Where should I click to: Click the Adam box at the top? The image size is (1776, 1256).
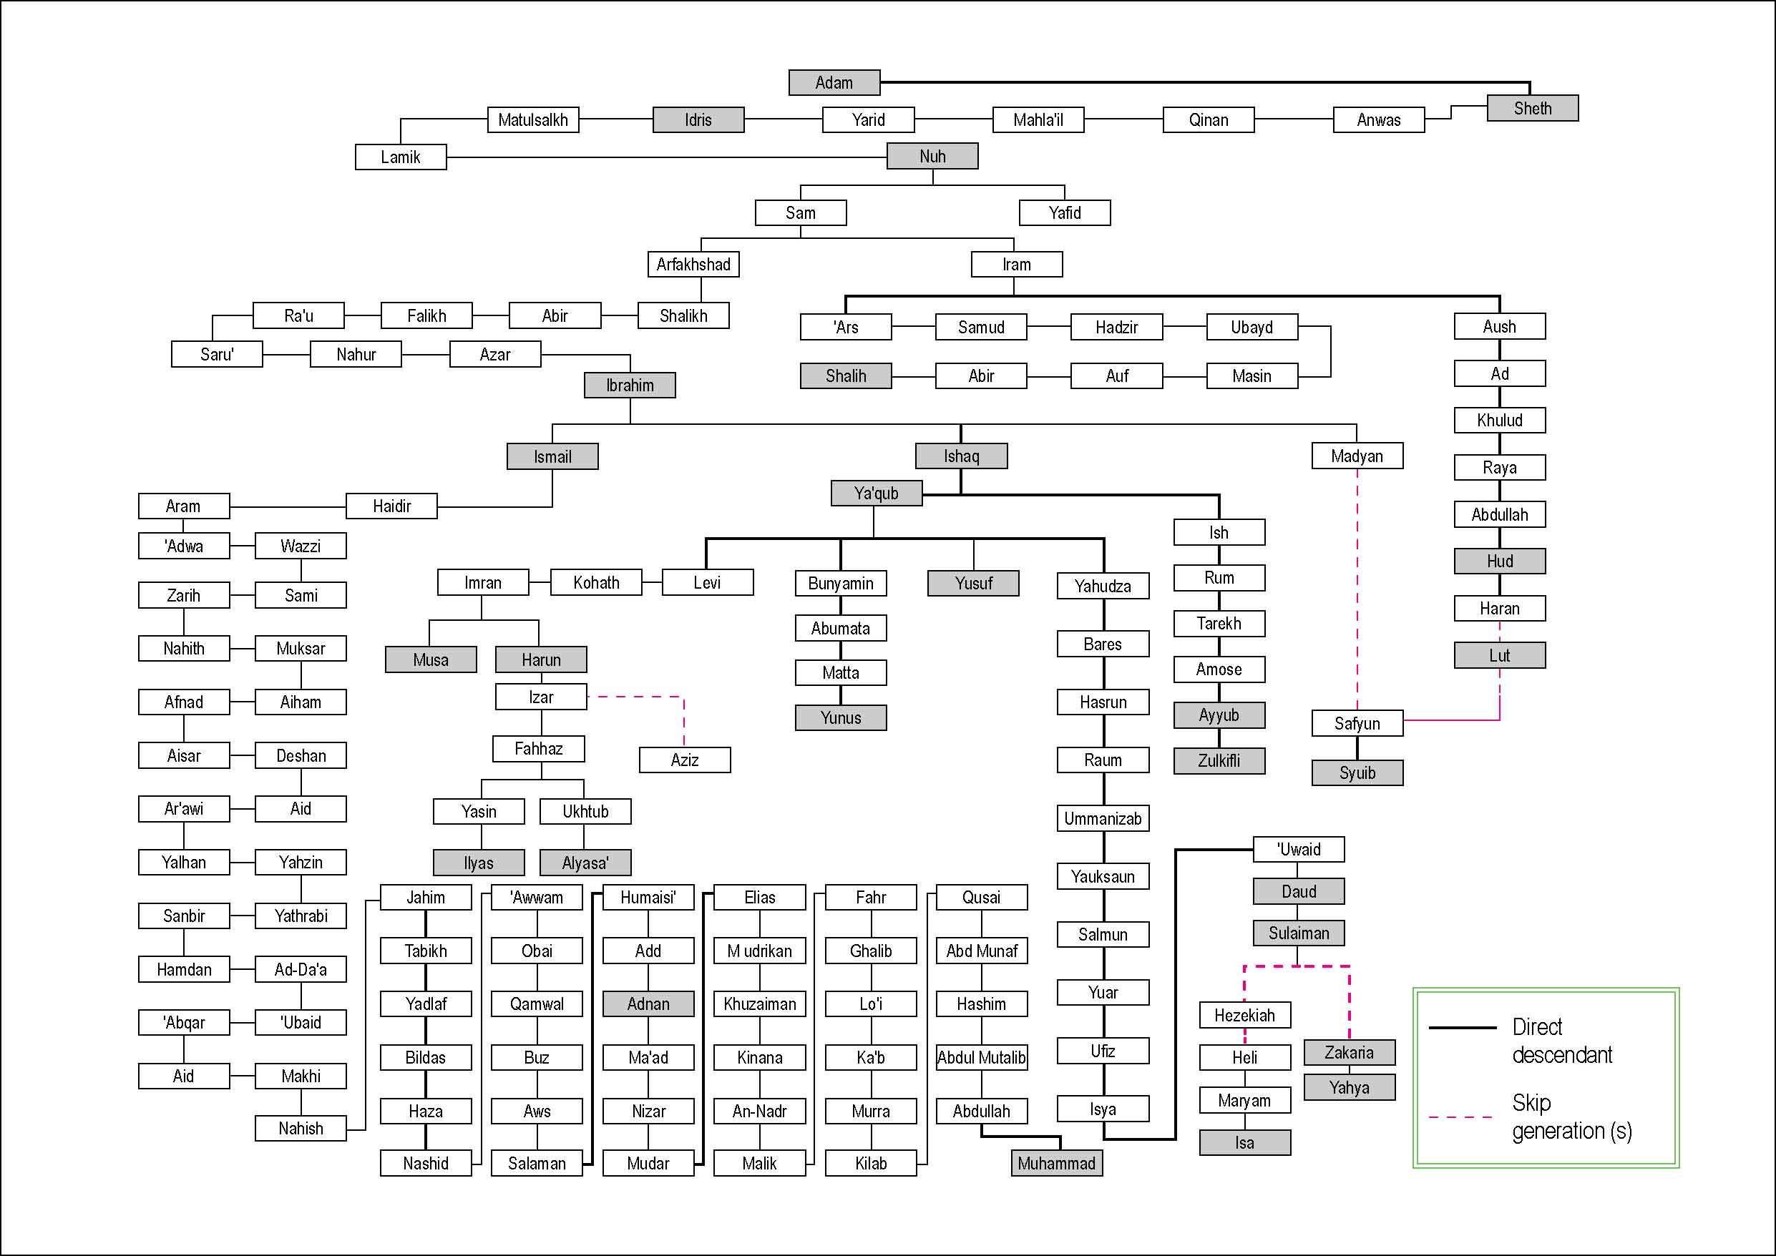pos(834,82)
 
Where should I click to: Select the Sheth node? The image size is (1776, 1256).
pos(1531,108)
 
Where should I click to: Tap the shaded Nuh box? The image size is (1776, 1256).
pos(932,156)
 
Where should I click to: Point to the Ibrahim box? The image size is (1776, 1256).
pos(630,385)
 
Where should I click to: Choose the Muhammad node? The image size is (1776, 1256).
pos(1057,1163)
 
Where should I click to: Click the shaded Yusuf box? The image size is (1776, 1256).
pos(973,583)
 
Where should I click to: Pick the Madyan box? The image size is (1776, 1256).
pos(1357,456)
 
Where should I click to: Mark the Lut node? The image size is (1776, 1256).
pos(1499,656)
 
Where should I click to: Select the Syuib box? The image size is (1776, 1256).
pos(1357,772)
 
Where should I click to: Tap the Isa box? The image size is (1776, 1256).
pos(1244,1143)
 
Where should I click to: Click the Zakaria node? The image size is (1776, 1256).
pos(1349,1053)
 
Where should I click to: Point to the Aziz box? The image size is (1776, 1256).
pos(685,760)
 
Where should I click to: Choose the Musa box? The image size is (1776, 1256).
pos(431,659)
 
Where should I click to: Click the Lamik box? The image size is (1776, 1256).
pos(401,157)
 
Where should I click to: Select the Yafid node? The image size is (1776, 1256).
pos(1064,212)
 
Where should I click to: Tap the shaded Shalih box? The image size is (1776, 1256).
pos(846,376)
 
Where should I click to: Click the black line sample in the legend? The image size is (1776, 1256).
pos(1462,1028)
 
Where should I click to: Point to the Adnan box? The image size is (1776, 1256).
pos(648,1004)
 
